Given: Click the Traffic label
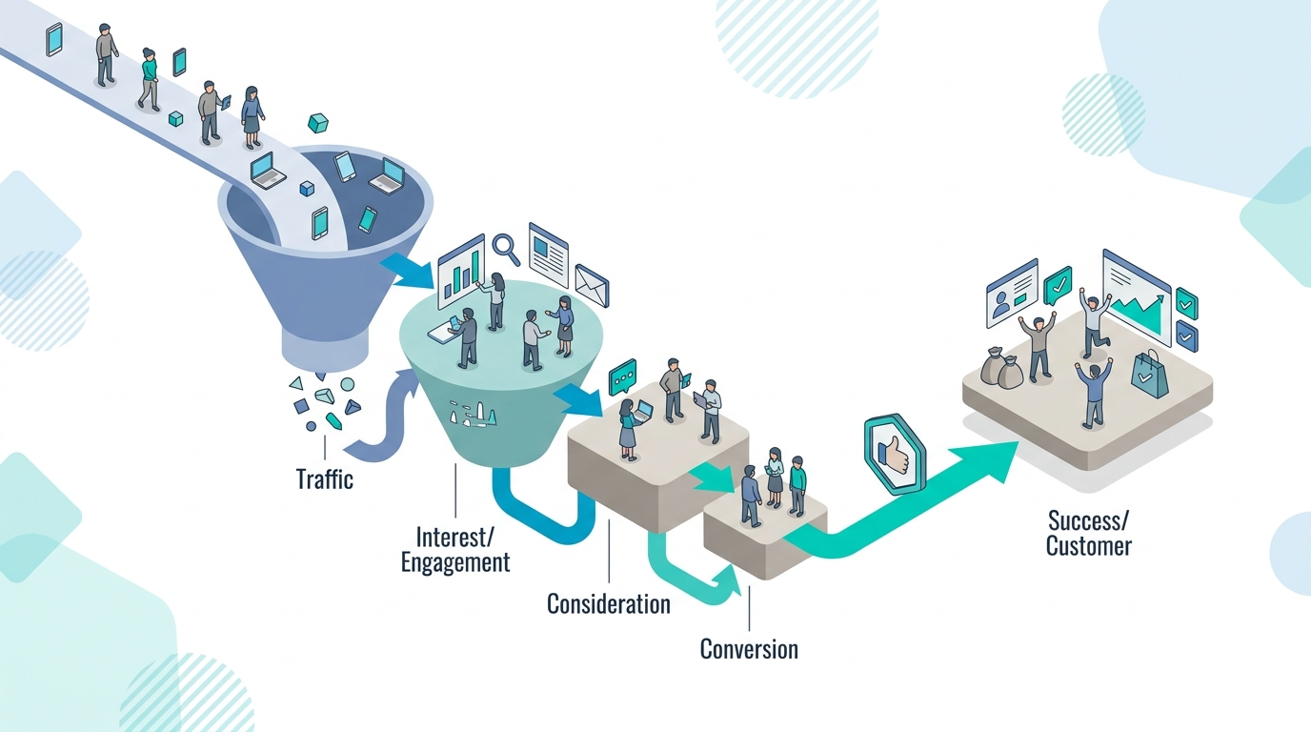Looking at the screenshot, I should (325, 478).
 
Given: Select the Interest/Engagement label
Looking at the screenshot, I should (454, 549).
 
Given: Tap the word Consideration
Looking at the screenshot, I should (608, 603).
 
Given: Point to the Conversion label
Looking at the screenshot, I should (749, 650).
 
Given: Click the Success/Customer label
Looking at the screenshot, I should (1088, 533).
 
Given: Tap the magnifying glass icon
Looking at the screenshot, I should (506, 250).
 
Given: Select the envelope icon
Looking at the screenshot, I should (591, 283).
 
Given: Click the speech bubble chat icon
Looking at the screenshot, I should (621, 378).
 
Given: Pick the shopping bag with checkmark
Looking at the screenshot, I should (1149, 373).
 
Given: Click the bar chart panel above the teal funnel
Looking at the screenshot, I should (460, 274).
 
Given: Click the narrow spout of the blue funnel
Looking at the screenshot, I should (326, 354).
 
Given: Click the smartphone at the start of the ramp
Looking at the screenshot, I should (54, 39).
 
